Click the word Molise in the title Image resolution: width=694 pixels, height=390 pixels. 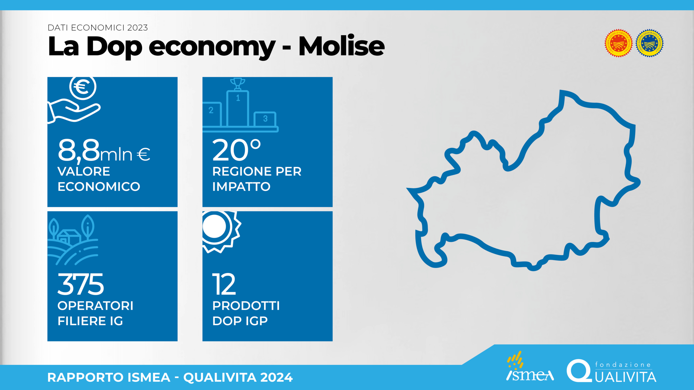pos(342,46)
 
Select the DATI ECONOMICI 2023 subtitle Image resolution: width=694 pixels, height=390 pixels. pos(98,28)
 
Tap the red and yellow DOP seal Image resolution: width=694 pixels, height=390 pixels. pos(618,43)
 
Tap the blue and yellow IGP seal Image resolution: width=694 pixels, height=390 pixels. pos(650,43)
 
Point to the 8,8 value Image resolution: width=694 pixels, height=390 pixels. pos(79,151)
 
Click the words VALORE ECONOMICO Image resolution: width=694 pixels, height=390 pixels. pos(99,179)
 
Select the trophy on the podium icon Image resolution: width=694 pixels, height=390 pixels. pos(237,84)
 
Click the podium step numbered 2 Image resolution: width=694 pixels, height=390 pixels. pos(212,114)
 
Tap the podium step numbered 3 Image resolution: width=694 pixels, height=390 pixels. pos(265,119)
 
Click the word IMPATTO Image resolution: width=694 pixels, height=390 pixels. pos(241,187)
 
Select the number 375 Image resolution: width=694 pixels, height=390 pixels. pos(81,284)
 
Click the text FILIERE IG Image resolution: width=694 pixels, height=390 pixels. pos(90,321)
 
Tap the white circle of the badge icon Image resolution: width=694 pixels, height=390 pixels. pos(214,226)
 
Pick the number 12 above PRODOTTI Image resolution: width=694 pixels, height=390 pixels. pos(224,284)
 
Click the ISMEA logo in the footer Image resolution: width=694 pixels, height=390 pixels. pos(530,366)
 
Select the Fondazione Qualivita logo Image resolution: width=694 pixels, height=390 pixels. pos(611,371)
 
